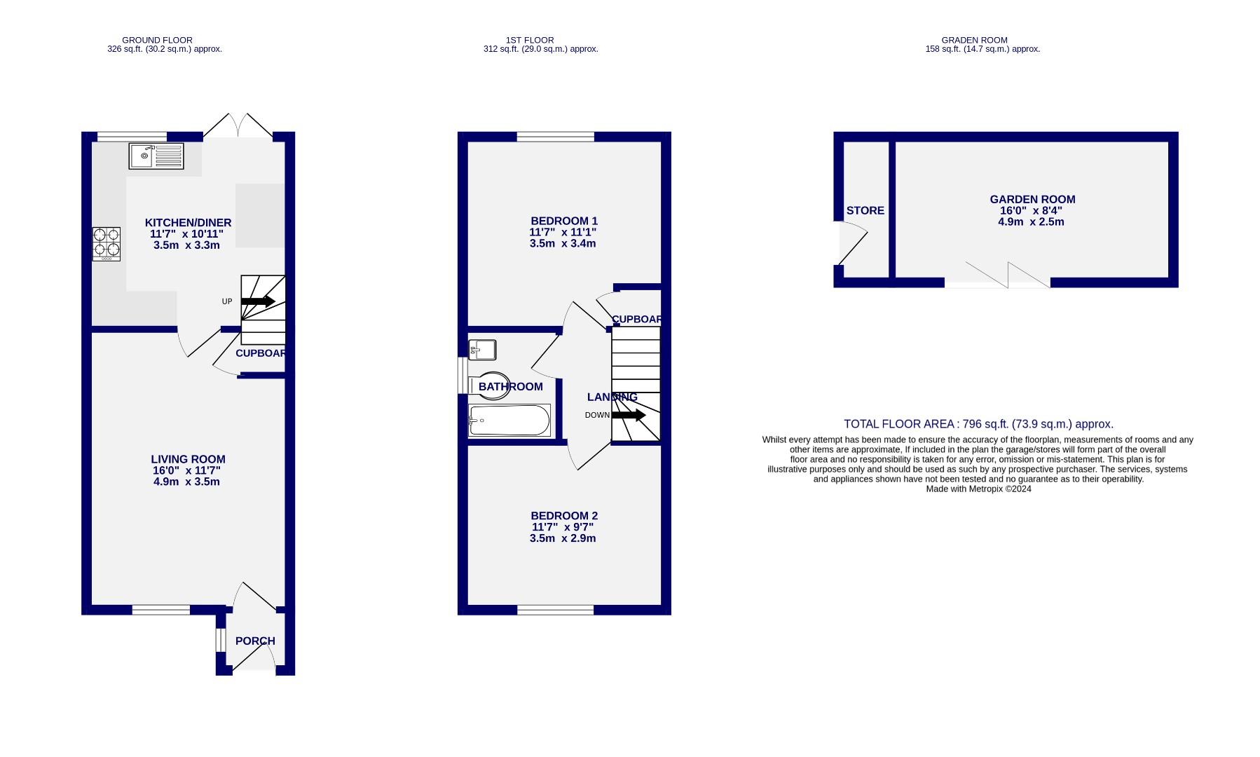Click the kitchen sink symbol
click(156, 156)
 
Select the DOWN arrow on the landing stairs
click(628, 415)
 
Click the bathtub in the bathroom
click(509, 420)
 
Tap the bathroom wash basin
click(483, 349)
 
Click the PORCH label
click(255, 641)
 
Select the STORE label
click(865, 210)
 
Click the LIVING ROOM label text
click(188, 459)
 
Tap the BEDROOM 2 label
click(563, 515)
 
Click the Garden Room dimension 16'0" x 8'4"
click(1030, 210)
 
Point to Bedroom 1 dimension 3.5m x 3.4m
click(562, 243)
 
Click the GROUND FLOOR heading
click(157, 40)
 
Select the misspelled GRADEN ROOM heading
click(974, 40)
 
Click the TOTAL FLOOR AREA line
click(978, 424)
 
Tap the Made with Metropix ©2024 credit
click(978, 489)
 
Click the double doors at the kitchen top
click(238, 127)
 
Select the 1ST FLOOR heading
click(530, 40)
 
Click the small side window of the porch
click(219, 640)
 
